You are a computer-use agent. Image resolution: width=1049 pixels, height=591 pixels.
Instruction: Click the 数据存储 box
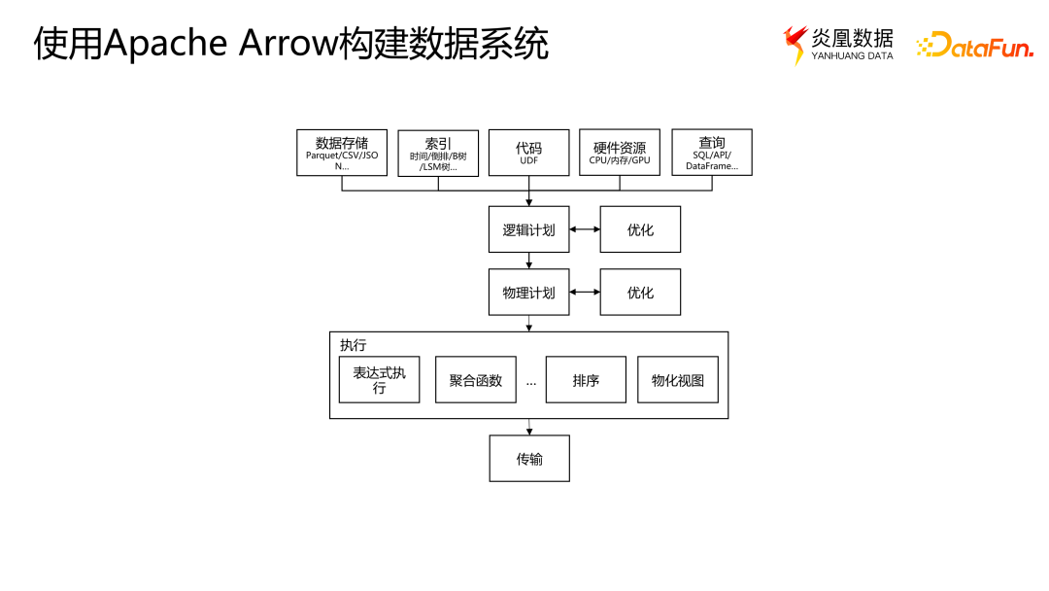[341, 153]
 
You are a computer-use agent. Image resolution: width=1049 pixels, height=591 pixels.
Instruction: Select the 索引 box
[438, 153]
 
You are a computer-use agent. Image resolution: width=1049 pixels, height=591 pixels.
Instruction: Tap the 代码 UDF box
[528, 153]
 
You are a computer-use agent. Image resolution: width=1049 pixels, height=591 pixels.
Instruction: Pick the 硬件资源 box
[620, 153]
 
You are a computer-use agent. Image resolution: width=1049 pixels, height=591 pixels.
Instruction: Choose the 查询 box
[711, 153]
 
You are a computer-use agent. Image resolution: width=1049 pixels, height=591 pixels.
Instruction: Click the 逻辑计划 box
[528, 229]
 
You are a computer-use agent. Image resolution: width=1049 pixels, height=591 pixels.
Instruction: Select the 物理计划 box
[528, 292]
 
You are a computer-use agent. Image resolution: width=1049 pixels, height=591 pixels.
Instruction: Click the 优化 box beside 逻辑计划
[640, 229]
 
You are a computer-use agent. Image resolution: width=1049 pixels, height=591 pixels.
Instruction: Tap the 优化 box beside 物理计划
[640, 292]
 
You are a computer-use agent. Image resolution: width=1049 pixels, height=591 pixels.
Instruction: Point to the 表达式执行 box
[379, 380]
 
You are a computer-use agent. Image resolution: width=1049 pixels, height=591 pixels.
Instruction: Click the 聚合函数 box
[475, 380]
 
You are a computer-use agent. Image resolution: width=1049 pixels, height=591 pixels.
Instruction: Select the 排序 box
[586, 380]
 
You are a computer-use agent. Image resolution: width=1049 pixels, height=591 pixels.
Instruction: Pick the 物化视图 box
[677, 380]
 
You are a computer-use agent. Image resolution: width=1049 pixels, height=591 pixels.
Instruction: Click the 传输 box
[528, 458]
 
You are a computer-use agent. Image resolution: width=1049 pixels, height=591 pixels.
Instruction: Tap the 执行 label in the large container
[354, 345]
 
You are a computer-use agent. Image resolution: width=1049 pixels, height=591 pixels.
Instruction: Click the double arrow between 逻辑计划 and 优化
[585, 229]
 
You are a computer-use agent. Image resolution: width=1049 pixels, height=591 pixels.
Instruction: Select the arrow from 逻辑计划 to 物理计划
[528, 261]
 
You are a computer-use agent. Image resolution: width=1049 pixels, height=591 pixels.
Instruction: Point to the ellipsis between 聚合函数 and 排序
[531, 382]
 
